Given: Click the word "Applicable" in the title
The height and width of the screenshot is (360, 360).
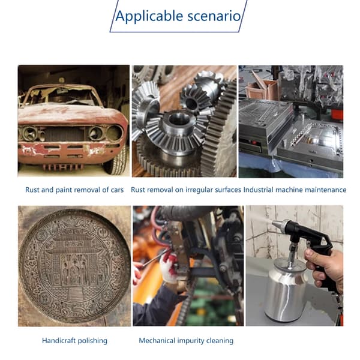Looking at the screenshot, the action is pos(149,16).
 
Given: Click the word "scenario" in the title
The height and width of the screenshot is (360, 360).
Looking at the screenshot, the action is pos(214,16).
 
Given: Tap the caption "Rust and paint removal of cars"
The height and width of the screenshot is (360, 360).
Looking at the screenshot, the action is pos(74,190).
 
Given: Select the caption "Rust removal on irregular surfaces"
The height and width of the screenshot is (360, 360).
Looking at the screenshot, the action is pos(186,190).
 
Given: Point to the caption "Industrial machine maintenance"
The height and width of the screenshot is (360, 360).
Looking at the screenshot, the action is pos(295,190).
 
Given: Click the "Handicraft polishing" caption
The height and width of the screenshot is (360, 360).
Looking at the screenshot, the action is pos(74,340).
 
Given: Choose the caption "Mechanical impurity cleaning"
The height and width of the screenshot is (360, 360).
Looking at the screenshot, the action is pos(186,340).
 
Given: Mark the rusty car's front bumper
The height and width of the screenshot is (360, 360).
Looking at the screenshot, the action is pos(69,152).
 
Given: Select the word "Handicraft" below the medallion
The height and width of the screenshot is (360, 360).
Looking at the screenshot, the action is pos(59,340).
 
